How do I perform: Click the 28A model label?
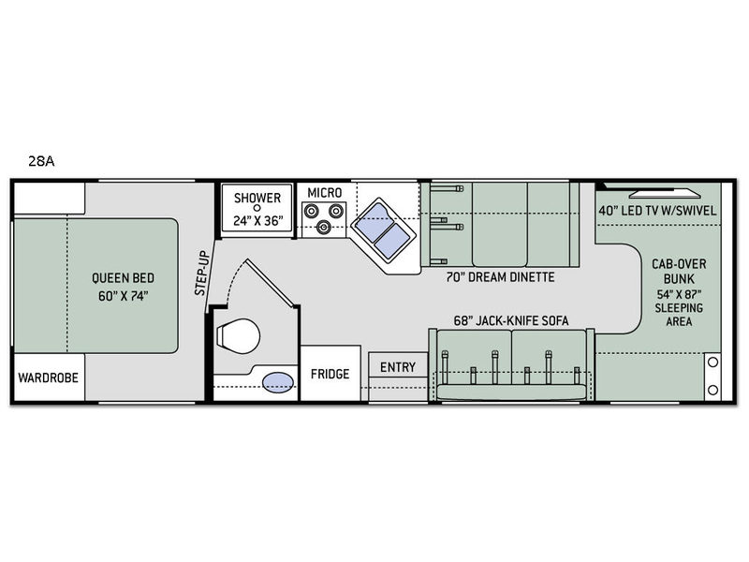tap(41, 161)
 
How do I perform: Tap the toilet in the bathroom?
tap(238, 336)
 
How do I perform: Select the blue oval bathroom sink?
tap(278, 382)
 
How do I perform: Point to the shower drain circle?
tap(257, 208)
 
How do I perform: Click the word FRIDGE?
tap(330, 374)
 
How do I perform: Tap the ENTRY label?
tap(398, 367)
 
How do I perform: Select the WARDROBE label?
tap(49, 377)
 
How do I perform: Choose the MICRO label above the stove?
tap(325, 193)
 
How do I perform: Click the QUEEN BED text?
tap(124, 277)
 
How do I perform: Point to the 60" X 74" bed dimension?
tap(124, 296)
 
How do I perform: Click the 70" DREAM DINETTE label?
tap(501, 277)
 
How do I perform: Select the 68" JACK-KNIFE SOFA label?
tap(511, 320)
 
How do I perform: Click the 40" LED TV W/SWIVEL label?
tap(658, 210)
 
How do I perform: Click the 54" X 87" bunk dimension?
tap(679, 294)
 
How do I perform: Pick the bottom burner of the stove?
tap(323, 227)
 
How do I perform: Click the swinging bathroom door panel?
tap(271, 283)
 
